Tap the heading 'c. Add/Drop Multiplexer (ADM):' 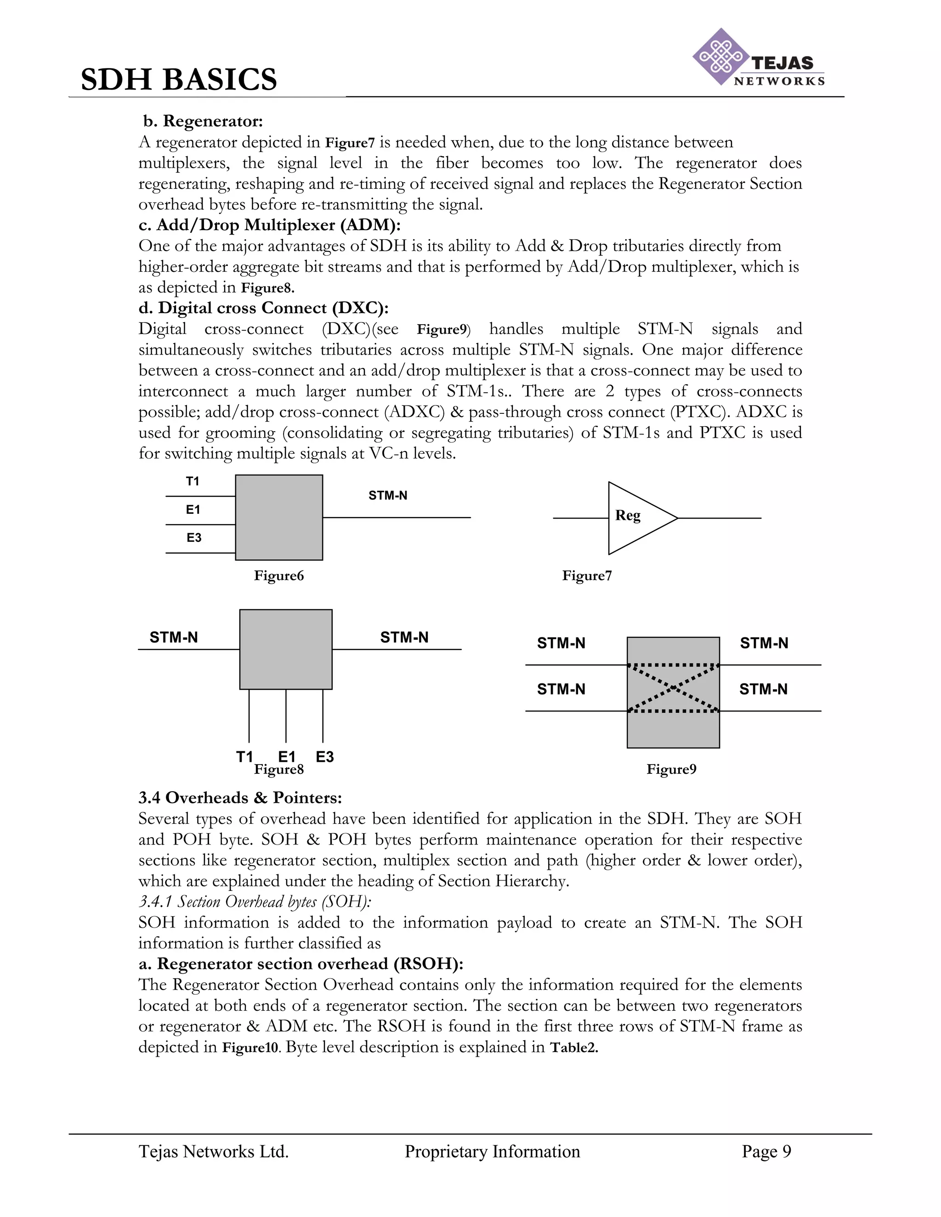point(269,225)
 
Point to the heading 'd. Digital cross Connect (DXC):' point(263,308)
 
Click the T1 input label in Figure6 point(193,481)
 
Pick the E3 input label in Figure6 point(193,538)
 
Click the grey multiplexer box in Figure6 point(279,517)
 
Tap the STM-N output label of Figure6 point(387,496)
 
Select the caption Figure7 point(586,575)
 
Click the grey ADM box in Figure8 point(285,649)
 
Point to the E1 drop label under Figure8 point(287,756)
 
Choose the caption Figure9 point(671,770)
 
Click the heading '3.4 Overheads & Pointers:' point(240,798)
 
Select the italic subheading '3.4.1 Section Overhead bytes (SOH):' point(255,901)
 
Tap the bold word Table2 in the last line point(573,1048)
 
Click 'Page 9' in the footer point(766,1151)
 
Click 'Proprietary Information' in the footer point(492,1151)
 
